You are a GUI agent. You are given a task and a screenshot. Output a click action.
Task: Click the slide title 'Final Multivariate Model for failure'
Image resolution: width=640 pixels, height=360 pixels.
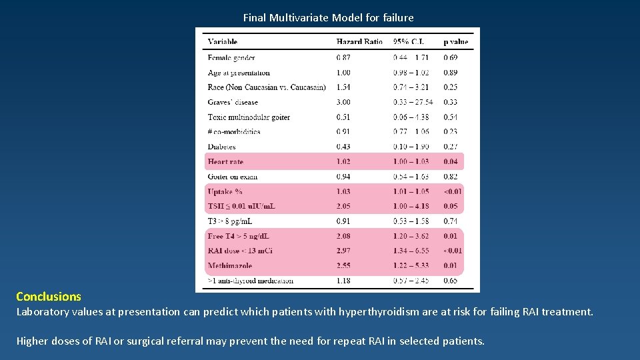coord(328,18)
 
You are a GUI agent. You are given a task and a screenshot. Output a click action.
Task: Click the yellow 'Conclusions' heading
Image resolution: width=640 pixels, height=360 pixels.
coord(49,297)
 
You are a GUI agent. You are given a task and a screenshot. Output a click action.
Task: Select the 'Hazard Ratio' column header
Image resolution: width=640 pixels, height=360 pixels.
coord(359,42)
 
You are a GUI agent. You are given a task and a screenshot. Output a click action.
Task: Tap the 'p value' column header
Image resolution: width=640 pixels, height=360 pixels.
coord(456,42)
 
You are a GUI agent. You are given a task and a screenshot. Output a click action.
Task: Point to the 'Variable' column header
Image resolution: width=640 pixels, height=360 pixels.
coord(223,42)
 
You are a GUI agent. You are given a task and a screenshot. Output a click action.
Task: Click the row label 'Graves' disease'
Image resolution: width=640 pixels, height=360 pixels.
coord(233,102)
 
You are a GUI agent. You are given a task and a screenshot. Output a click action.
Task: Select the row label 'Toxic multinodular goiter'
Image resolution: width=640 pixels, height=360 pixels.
coord(249,117)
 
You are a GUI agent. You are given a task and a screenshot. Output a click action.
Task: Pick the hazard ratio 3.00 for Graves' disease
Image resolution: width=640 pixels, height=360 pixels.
coord(343,102)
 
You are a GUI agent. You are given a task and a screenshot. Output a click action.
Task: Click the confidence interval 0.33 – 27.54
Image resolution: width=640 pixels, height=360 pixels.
coord(413,102)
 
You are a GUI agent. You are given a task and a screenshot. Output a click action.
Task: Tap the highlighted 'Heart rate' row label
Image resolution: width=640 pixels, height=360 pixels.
coord(225,162)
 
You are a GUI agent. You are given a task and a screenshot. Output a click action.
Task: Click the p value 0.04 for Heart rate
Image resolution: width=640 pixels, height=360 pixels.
coord(451,162)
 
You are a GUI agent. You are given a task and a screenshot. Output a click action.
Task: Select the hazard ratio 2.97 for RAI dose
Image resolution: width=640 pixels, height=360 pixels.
coord(343,251)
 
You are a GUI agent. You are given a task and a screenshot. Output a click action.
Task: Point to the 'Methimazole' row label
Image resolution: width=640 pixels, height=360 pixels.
coord(229,266)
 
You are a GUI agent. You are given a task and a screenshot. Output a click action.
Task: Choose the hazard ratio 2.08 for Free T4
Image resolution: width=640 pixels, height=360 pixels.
coord(343,236)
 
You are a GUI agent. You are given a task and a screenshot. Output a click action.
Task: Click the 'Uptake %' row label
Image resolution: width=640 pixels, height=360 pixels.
coord(225,192)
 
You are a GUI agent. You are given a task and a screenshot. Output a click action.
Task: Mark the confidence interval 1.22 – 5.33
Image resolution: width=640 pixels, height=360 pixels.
coord(411,266)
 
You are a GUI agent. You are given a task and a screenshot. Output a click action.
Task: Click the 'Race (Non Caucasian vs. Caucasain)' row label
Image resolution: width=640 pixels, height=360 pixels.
coord(267,87)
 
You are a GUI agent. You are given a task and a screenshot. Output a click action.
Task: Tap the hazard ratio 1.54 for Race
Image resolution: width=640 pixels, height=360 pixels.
coord(343,87)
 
